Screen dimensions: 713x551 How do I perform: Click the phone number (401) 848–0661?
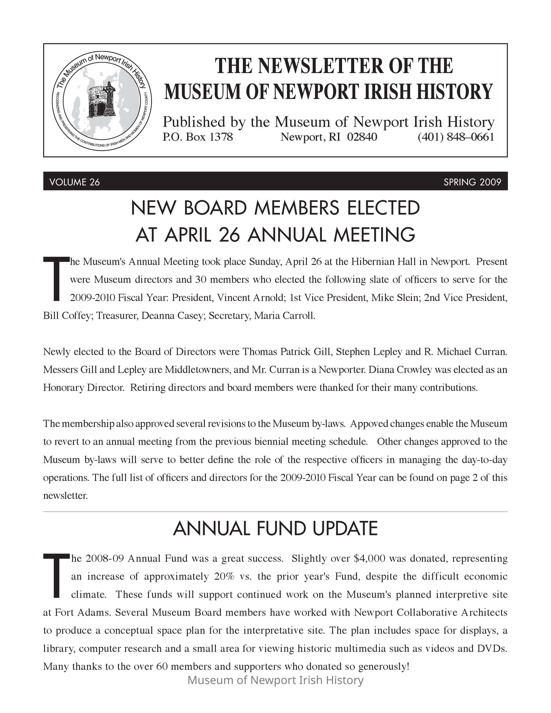pos(456,137)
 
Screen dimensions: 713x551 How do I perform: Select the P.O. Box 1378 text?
pos(198,137)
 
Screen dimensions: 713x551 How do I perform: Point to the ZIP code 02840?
pos(362,137)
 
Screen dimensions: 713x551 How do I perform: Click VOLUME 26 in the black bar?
pos(75,182)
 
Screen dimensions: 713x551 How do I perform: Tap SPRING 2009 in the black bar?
pos(472,182)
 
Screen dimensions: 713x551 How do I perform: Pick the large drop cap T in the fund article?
pos(56,575)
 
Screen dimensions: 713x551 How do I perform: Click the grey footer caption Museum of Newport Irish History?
pos(275,680)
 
